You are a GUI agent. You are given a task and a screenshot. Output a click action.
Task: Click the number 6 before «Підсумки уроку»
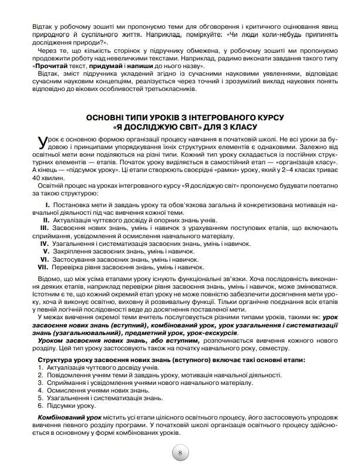(x=39, y=405)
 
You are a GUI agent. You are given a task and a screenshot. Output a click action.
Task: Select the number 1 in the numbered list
(x=39, y=367)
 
